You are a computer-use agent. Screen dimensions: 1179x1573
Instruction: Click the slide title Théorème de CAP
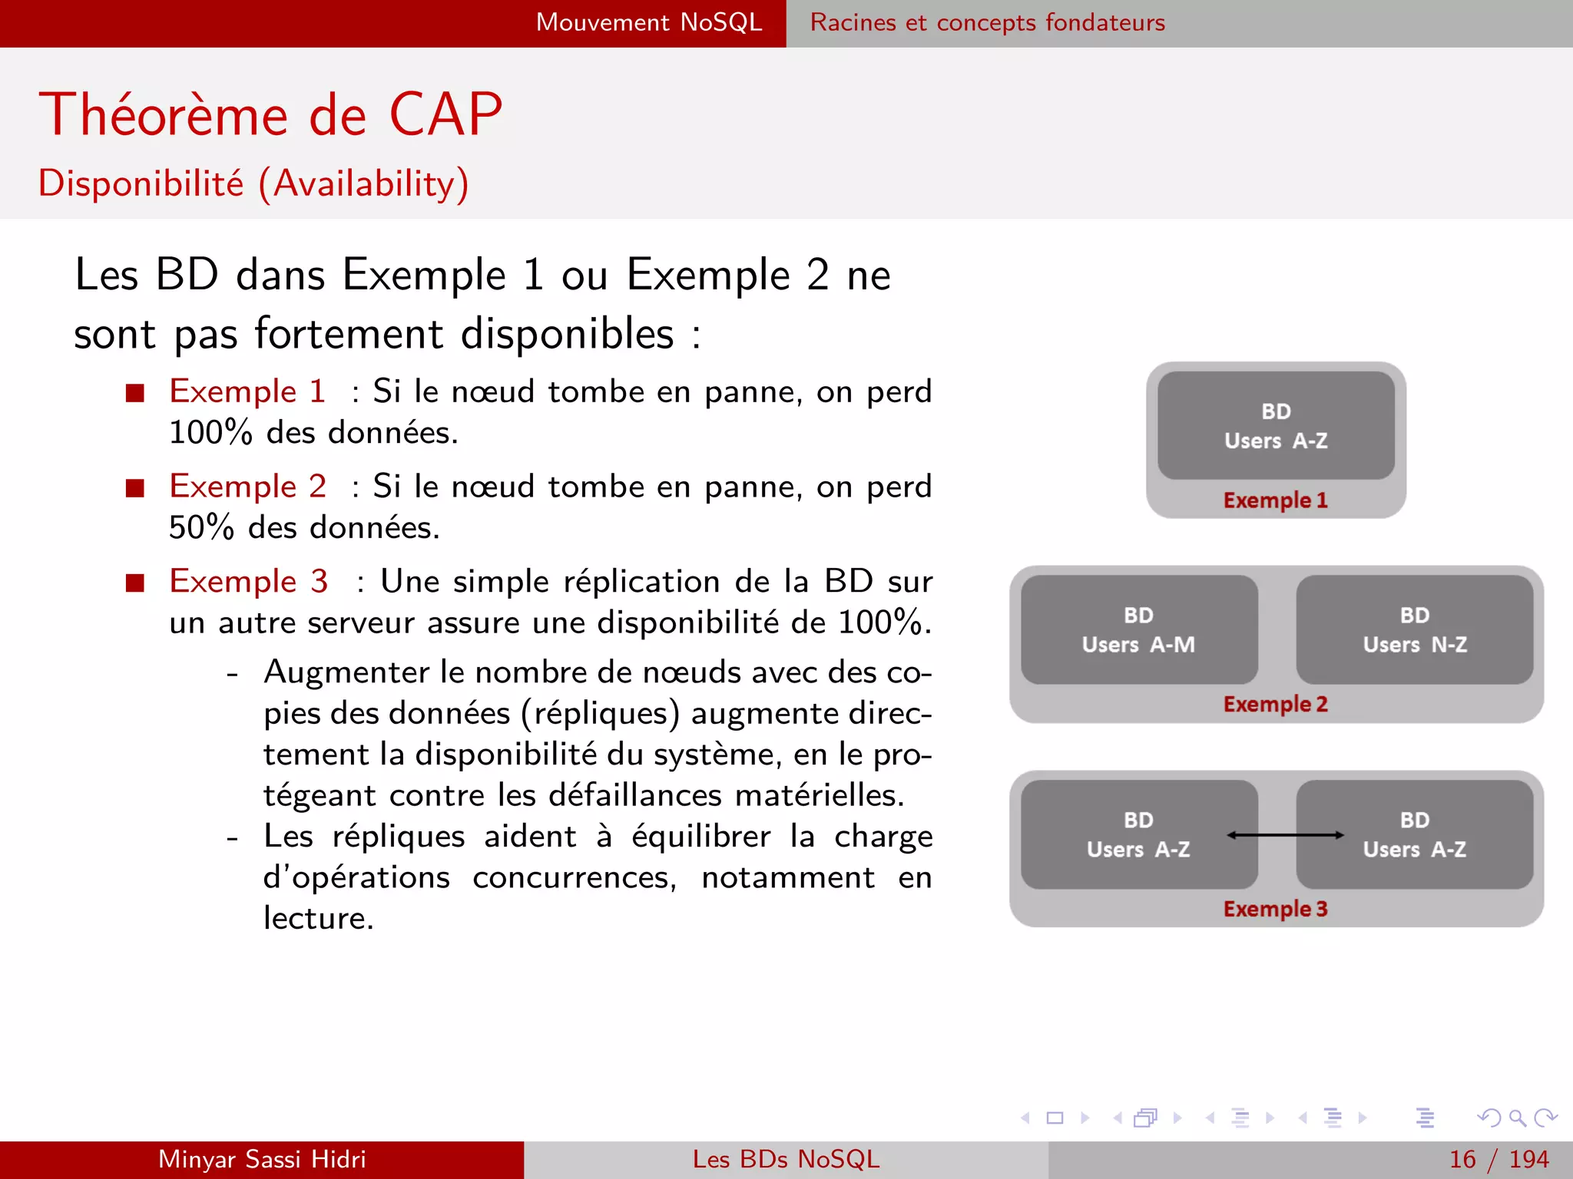270,115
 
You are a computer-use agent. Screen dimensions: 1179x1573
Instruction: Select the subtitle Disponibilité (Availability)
253,184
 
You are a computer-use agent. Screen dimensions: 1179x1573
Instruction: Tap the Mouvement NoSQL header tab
649,23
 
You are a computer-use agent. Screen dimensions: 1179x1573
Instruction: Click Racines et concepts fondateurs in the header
987,23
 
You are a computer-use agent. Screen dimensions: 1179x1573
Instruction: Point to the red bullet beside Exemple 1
135,393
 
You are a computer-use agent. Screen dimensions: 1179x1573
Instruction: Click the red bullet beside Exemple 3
135,583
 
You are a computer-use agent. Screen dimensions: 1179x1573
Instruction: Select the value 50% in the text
201,528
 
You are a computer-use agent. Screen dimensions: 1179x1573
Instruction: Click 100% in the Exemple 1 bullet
210,433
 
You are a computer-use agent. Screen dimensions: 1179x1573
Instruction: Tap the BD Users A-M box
1139,629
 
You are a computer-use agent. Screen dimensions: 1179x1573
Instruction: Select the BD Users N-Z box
1415,629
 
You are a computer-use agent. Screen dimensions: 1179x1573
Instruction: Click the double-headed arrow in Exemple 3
1285,835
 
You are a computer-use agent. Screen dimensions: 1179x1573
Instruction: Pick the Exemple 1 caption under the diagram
1275,500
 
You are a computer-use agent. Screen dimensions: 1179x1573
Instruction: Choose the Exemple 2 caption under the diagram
1275,704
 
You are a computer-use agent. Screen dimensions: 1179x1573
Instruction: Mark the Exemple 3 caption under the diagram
1275,909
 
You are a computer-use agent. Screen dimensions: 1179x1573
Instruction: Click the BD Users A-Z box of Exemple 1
1276,425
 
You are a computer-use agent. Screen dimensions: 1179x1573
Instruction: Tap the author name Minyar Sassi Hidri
262,1159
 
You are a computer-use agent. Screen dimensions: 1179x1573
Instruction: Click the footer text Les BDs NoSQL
786,1159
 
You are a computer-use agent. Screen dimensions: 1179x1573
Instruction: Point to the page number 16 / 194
1498,1159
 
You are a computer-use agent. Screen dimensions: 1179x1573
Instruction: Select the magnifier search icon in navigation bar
1517,1118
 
